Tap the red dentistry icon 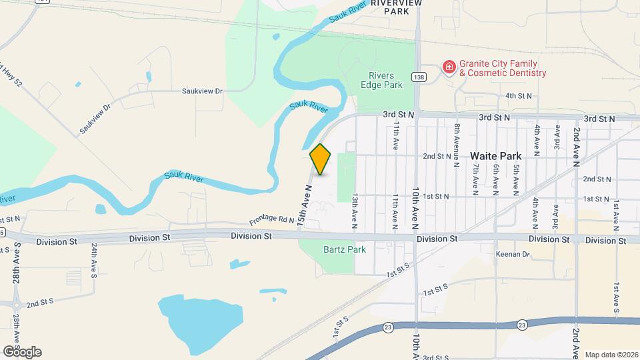click(x=449, y=67)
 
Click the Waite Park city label click(x=500, y=155)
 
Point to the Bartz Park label click(x=327, y=250)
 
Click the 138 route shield click(x=418, y=77)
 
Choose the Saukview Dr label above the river click(x=202, y=91)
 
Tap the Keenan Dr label click(x=512, y=254)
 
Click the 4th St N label click(x=519, y=96)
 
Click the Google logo click(x=21, y=352)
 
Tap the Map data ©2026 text click(x=611, y=354)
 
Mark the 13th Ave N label click(x=355, y=212)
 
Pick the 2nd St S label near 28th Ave click(x=40, y=303)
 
